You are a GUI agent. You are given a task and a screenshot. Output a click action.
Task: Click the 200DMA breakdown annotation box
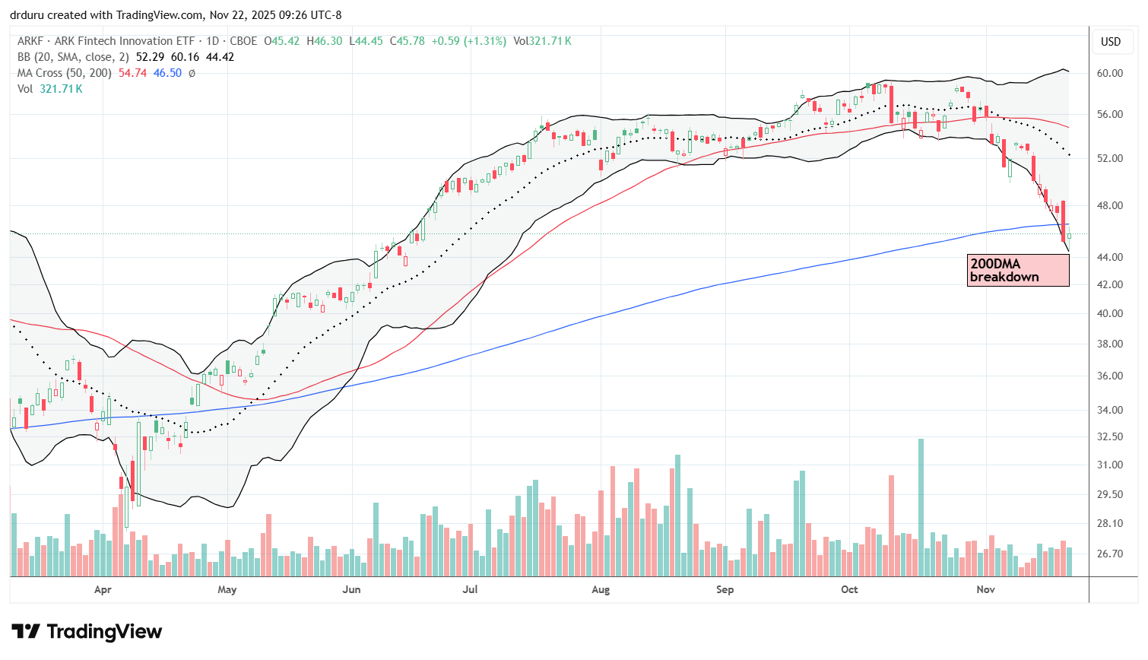click(x=1018, y=270)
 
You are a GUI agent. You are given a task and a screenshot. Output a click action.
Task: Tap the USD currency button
click(x=1111, y=42)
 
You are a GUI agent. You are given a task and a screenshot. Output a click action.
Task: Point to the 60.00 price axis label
click(x=1111, y=74)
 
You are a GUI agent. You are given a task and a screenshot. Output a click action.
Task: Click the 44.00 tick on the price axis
click(x=1111, y=257)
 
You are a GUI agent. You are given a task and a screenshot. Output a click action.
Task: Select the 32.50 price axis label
click(x=1111, y=436)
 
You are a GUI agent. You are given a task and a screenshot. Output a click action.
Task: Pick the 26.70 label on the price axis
click(x=1111, y=554)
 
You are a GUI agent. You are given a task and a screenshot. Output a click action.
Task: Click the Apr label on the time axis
click(x=103, y=589)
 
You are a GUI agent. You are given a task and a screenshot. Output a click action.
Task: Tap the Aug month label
click(x=601, y=589)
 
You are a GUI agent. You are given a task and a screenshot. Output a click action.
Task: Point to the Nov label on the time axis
click(x=985, y=589)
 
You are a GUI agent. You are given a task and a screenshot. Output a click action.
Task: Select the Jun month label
click(x=351, y=589)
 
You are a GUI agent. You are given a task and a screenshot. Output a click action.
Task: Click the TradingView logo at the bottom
click(x=87, y=632)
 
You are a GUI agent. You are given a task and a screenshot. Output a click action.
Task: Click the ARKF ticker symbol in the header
click(x=31, y=41)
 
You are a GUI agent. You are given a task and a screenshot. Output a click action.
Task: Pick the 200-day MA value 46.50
click(x=167, y=73)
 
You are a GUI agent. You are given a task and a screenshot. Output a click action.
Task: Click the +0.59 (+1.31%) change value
click(x=468, y=41)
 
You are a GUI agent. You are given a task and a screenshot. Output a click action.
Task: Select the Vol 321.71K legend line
click(x=50, y=89)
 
